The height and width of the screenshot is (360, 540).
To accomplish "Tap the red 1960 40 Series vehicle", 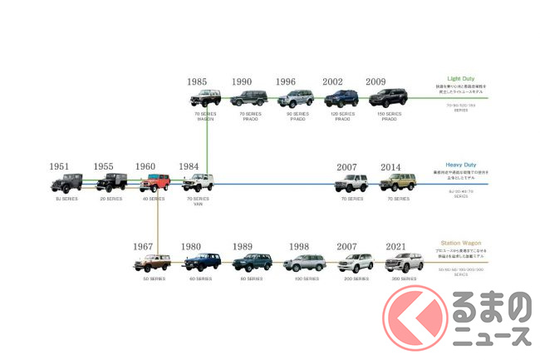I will pos(155,182).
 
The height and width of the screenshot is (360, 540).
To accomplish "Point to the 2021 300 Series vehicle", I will pos(404,264).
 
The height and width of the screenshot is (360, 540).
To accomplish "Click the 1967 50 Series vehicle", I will pos(152,264).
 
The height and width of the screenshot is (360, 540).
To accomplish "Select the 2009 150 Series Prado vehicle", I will pos(387,97).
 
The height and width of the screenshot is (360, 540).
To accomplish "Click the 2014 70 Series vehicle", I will pos(397,182).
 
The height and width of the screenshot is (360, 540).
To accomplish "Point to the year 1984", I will pos(189,167).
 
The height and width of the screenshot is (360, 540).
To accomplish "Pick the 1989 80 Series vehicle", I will pos(251,264).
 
